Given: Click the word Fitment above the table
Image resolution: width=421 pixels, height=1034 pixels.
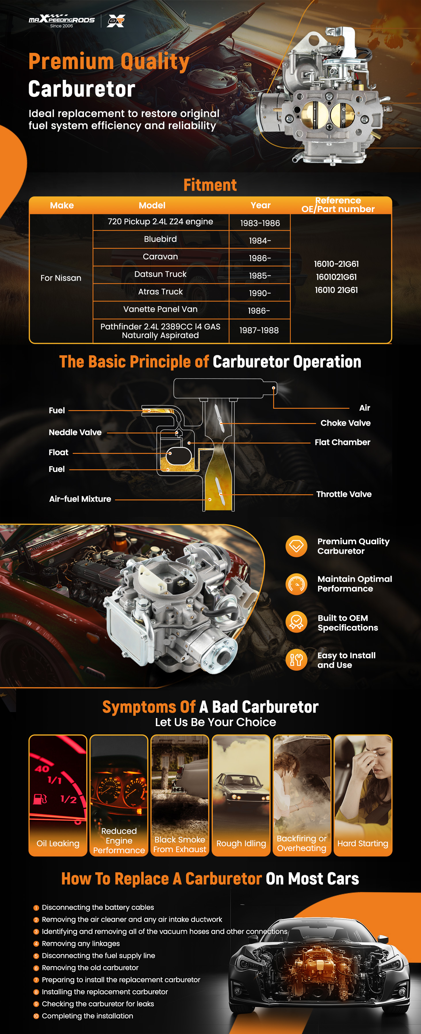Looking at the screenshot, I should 210,185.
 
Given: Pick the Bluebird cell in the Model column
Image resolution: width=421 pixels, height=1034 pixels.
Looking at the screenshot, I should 160,239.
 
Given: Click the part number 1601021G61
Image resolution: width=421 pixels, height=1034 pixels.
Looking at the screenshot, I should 336,277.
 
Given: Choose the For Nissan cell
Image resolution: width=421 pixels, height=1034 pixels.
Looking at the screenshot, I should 61,278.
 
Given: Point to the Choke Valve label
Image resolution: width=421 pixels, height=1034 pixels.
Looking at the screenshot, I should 345,423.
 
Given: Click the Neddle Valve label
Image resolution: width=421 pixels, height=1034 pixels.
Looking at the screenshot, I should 75,432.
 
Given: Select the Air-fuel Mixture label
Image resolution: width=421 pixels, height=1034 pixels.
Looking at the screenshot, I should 80,499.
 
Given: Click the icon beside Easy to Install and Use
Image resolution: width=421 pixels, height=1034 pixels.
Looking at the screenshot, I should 296,659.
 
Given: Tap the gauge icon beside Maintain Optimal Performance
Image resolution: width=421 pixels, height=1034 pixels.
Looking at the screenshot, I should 296,584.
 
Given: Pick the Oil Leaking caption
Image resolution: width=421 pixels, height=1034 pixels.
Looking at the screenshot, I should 58,843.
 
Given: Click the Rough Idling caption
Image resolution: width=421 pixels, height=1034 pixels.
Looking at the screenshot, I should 241,843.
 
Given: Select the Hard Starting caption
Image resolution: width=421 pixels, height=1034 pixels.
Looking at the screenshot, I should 363,843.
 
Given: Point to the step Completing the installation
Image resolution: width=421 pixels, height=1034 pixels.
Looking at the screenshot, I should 87,1016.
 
